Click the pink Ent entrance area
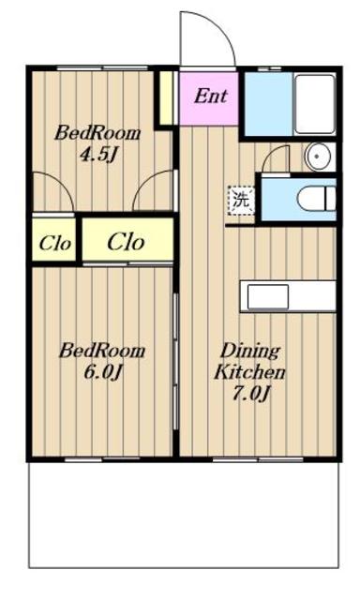[209, 97]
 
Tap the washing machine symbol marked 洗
[241, 200]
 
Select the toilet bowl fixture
[317, 198]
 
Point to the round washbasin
[318, 157]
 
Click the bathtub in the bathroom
[315, 104]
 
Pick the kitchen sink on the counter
[268, 296]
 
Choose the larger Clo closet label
[126, 242]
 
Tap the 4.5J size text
[97, 155]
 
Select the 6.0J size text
[102, 371]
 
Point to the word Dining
[250, 351]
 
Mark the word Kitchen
[249, 371]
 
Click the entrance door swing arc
[218, 27]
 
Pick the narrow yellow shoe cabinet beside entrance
[166, 97]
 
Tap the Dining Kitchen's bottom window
[258, 459]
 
